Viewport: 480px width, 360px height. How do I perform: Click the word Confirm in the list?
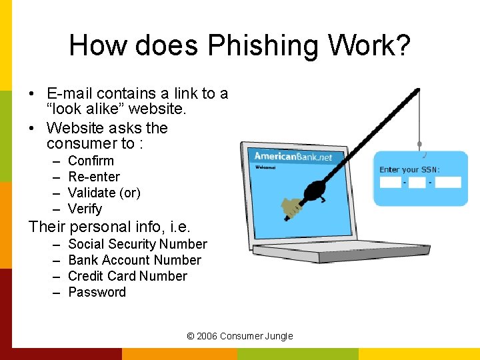click(x=91, y=161)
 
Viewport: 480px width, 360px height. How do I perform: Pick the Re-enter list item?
click(x=94, y=177)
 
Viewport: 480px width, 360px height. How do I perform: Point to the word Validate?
click(x=91, y=193)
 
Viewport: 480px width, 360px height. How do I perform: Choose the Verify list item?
click(x=85, y=209)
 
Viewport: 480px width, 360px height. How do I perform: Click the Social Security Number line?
click(x=137, y=245)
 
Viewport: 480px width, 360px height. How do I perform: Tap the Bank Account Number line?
click(x=135, y=260)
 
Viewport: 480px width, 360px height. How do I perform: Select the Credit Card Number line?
click(x=127, y=276)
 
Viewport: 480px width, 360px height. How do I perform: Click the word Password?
click(x=97, y=292)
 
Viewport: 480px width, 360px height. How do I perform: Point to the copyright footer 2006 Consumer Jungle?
click(x=240, y=336)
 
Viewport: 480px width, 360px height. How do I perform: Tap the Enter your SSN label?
click(x=409, y=169)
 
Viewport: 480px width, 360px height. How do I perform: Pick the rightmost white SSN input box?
click(x=448, y=182)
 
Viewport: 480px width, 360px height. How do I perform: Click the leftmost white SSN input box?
click(x=391, y=182)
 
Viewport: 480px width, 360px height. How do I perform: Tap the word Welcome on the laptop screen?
click(x=266, y=167)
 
